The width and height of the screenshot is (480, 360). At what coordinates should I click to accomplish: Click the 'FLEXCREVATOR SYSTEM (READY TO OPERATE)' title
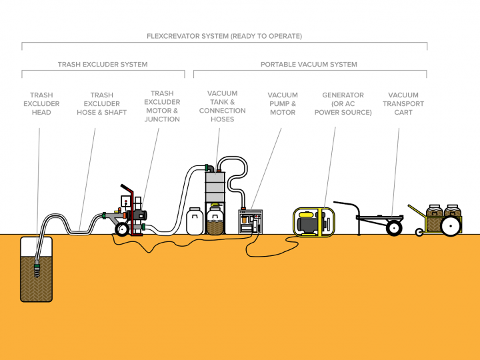pos(224,36)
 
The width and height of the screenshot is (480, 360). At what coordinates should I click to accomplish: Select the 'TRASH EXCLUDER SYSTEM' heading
pos(103,65)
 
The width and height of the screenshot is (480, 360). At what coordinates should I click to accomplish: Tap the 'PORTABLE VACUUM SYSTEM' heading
pos(309,65)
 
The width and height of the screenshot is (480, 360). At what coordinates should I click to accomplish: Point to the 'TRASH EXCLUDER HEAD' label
pos(41,103)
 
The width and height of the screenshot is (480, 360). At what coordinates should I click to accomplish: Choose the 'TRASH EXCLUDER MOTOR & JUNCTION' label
pos(162,107)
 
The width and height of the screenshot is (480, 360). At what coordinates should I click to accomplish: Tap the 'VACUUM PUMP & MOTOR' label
pos(283,103)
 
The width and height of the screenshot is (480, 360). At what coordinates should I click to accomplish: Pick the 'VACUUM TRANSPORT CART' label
pos(403,103)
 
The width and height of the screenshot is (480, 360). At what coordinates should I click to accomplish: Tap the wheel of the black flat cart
pos(394,228)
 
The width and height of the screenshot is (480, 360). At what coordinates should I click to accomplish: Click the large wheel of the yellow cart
pos(451,225)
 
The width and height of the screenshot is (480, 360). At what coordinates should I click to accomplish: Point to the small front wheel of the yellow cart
pos(419,232)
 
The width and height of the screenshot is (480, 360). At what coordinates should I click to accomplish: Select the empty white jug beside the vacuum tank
pos(195,221)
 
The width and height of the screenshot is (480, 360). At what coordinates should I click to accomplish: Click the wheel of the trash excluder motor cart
pos(122,229)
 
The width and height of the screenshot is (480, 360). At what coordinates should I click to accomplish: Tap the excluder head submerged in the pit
pos(37,269)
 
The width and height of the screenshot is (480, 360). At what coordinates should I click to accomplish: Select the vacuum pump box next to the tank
pos(251,221)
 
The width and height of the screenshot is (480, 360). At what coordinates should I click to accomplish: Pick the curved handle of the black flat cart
pos(346,205)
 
